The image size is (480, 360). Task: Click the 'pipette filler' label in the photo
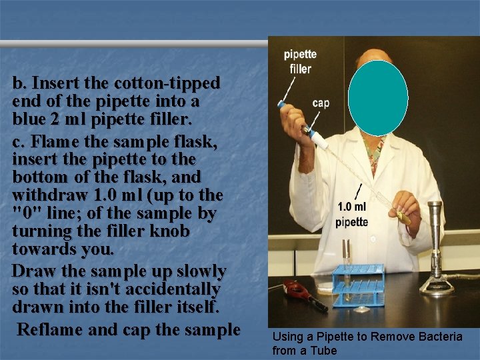(300, 61)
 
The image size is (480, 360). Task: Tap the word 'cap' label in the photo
(321, 103)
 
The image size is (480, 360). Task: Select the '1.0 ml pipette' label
(352, 215)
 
